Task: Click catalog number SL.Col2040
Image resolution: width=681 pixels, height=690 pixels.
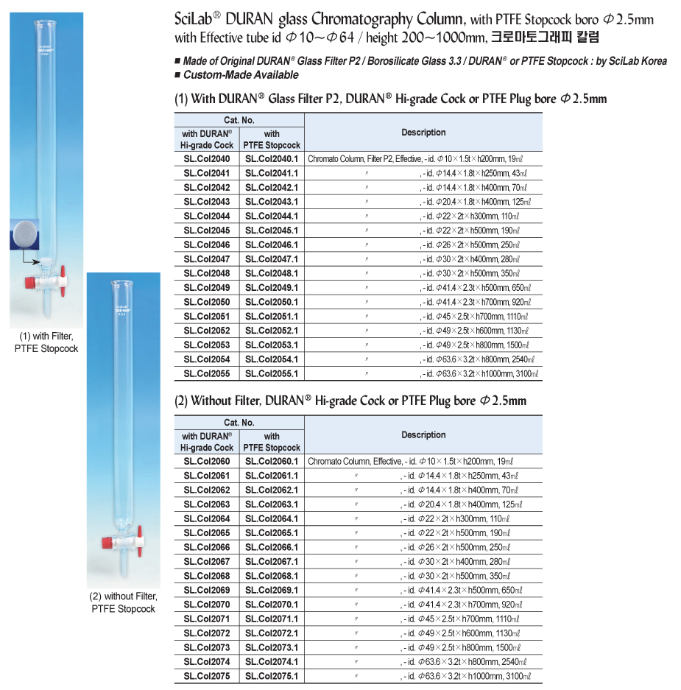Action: click(x=207, y=158)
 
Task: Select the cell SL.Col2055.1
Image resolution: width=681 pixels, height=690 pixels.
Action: click(x=272, y=374)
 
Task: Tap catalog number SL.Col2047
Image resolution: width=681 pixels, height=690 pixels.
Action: click(x=207, y=259)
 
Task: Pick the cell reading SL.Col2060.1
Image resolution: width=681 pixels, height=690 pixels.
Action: click(x=272, y=462)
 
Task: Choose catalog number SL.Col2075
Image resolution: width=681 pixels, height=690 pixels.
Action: click(x=207, y=676)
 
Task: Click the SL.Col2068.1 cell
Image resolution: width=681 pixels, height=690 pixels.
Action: click(x=272, y=576)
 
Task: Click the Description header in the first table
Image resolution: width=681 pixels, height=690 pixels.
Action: click(x=423, y=133)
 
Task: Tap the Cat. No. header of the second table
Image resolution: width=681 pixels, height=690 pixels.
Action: click(x=239, y=423)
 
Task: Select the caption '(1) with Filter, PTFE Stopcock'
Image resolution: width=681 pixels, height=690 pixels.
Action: click(x=46, y=343)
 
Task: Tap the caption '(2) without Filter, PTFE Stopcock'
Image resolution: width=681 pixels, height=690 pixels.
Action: click(x=124, y=603)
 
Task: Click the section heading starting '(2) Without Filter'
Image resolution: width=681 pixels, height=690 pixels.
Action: click(x=350, y=401)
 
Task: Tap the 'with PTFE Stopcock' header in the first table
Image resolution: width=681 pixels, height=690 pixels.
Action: click(x=272, y=140)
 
